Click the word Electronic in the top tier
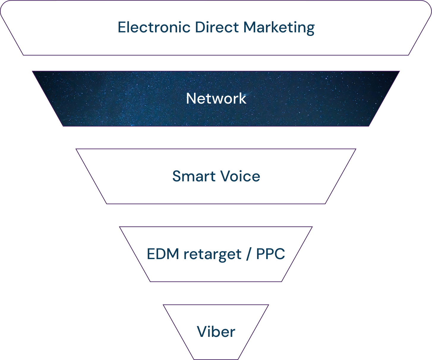(x=154, y=27)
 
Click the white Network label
(x=216, y=98)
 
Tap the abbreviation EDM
(x=163, y=254)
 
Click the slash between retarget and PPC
(x=248, y=254)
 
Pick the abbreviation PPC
(x=270, y=254)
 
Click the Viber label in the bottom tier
(x=216, y=332)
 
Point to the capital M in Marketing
(x=249, y=27)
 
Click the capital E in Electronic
(x=122, y=27)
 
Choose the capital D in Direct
(x=199, y=27)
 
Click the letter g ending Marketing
(x=310, y=29)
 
